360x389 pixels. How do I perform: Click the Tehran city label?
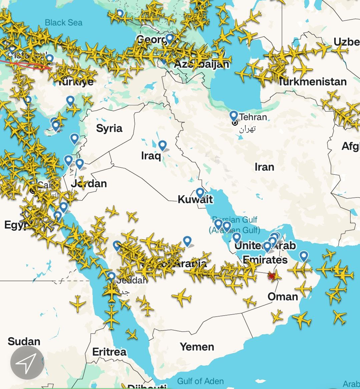coord(253,117)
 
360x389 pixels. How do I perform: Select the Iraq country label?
coord(151,155)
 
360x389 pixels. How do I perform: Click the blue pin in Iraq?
coord(162,145)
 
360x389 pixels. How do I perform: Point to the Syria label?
coord(109,128)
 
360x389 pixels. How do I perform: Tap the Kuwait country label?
coord(195,200)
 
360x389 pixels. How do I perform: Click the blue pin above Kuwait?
coord(200,193)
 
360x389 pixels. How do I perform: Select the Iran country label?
coord(264,167)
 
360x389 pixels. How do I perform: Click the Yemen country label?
coord(197,347)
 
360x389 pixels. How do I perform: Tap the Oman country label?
coord(283,296)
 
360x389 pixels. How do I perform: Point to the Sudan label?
coord(24,341)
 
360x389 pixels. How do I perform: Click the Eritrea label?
coord(109,352)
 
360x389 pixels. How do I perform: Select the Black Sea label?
coord(63,23)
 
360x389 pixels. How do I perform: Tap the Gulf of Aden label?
coord(200,381)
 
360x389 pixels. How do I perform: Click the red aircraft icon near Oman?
coord(271,276)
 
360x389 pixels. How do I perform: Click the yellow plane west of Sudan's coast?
coord(78,304)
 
